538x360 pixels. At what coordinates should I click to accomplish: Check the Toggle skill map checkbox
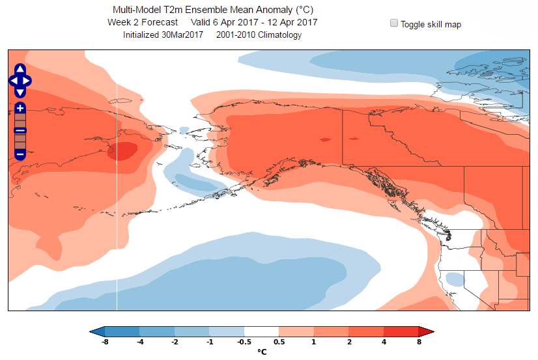pos(394,23)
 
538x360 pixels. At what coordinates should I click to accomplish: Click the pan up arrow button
pos(20,70)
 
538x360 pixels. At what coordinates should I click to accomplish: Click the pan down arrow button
pos(20,90)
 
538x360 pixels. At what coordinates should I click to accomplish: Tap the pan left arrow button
pos(13,80)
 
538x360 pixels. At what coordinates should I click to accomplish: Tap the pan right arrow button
pos(27,80)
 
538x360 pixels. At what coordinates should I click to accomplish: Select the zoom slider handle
pos(20,131)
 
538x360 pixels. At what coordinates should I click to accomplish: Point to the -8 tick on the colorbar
pos(105,342)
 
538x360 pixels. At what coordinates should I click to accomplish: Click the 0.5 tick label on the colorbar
pos(279,342)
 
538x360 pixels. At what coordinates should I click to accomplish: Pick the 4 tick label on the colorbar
pos(384,342)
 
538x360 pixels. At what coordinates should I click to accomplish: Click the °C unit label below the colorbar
pos(262,352)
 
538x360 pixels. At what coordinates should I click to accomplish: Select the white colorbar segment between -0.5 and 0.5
pos(261,331)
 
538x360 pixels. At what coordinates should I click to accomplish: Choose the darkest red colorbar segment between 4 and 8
pos(401,331)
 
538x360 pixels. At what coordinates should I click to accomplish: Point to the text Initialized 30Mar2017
pos(163,35)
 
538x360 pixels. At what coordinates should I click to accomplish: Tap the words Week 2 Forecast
pos(143,22)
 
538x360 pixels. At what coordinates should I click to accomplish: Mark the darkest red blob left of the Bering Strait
pos(124,151)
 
